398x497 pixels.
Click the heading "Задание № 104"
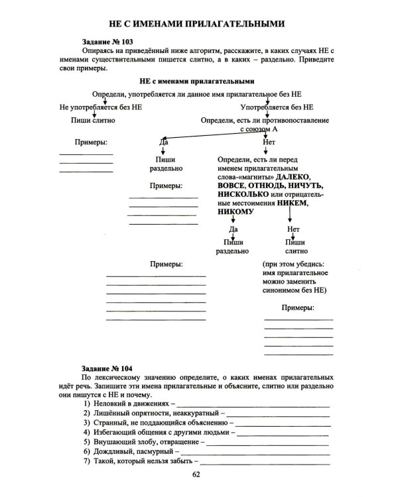107,368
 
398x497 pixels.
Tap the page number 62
196,474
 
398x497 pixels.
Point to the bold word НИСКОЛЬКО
243,195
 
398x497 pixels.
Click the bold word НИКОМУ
235,213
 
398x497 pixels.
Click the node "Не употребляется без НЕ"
100,107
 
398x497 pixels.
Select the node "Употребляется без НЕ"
277,107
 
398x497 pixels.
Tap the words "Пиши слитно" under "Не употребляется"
93,121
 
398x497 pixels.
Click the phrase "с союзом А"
259,130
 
